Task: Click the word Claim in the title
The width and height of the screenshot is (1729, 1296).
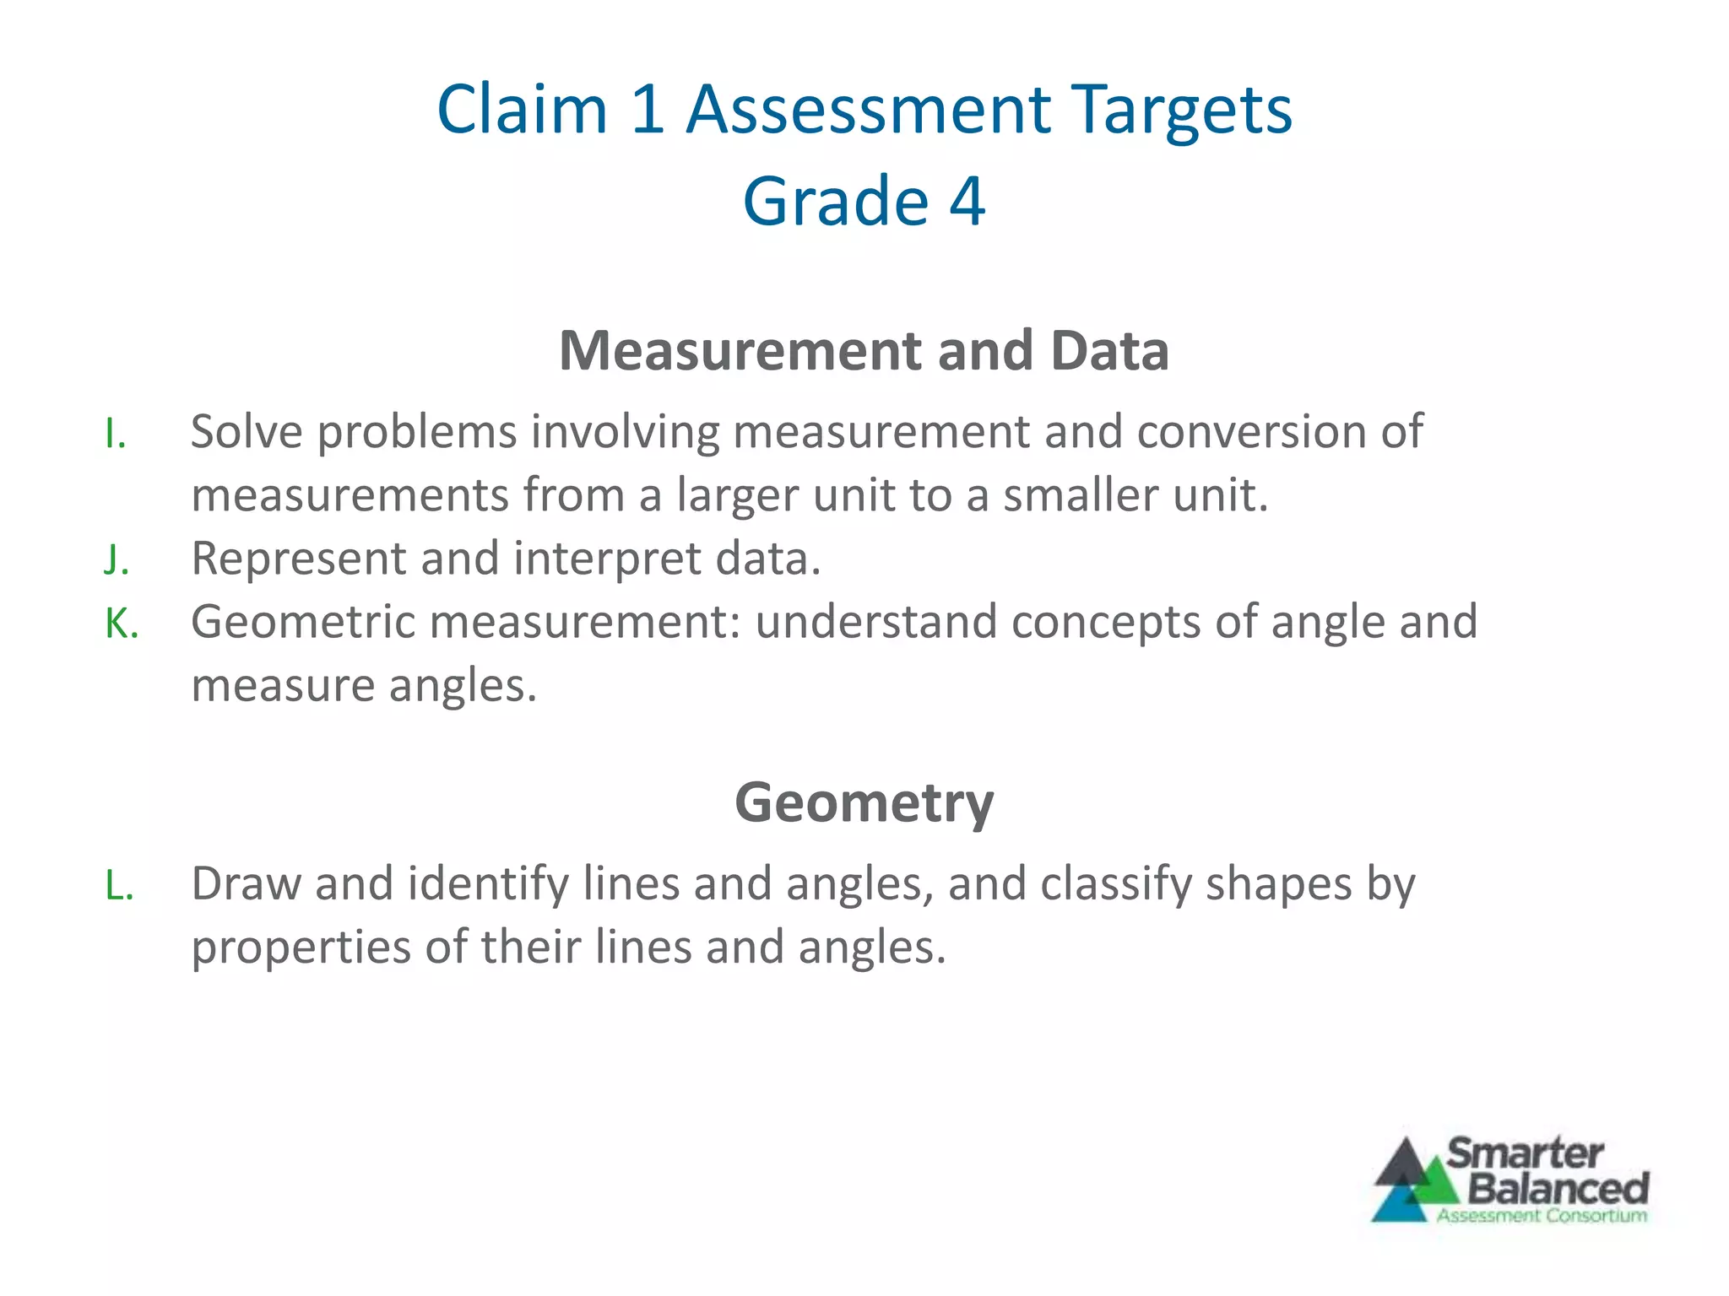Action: coord(522,110)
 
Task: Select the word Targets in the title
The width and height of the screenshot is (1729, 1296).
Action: coord(1183,110)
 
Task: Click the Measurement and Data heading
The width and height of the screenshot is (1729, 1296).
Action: coord(864,350)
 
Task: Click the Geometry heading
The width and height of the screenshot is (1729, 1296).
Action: coord(864,802)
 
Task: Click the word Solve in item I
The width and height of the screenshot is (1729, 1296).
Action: coord(247,432)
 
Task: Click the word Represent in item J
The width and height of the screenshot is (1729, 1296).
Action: coord(299,559)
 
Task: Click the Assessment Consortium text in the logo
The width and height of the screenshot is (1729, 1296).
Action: coord(1542,1216)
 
